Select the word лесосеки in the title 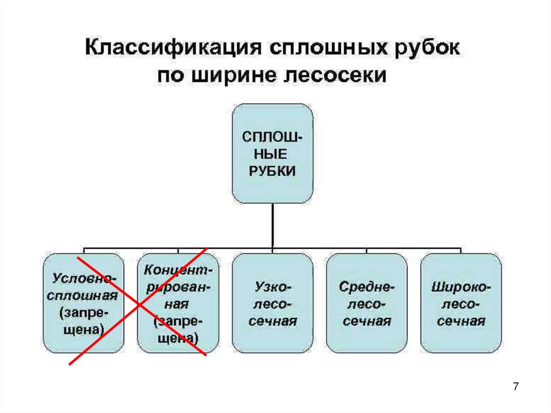(342, 74)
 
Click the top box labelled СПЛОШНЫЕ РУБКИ (272, 154)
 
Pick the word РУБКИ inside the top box (272, 171)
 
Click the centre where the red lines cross (139, 306)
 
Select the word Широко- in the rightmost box (461, 287)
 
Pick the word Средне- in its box (367, 287)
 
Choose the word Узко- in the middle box (272, 287)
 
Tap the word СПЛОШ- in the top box (272, 137)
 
